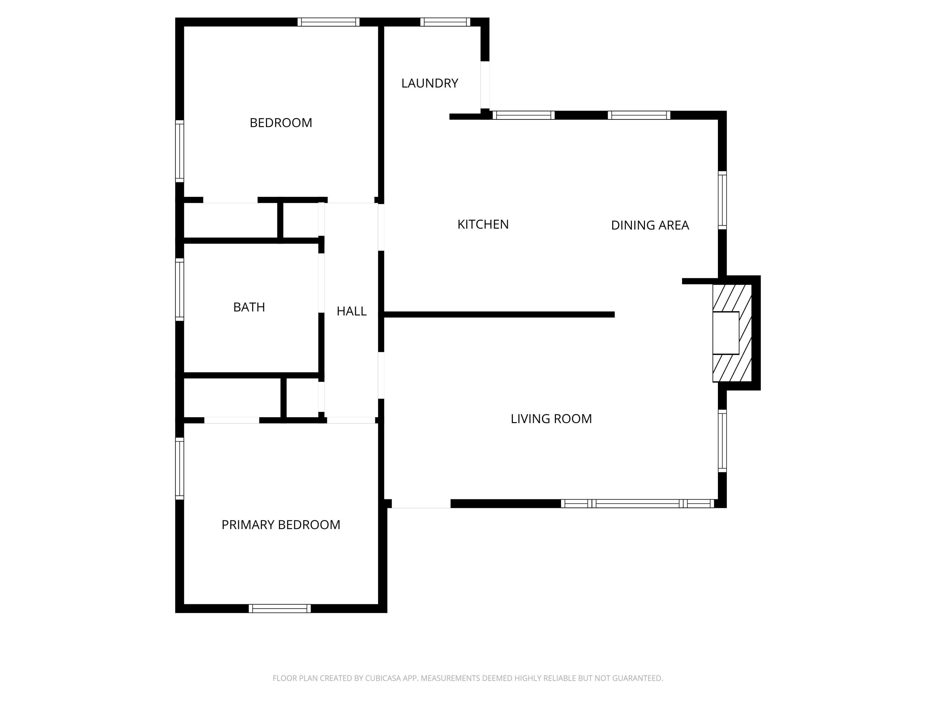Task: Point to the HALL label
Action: [351, 311]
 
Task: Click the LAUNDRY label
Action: [430, 83]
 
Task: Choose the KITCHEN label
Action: [483, 224]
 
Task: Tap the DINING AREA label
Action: [650, 225]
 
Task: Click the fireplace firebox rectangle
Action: [725, 333]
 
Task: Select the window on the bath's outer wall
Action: [180, 290]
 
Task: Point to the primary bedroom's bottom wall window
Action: [280, 608]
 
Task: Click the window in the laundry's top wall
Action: [445, 22]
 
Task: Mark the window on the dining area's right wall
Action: [722, 200]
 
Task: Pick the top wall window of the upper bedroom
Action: [328, 22]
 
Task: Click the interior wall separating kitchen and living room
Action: [499, 314]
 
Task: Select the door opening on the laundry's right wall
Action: [485, 85]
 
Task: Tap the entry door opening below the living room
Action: [421, 504]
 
